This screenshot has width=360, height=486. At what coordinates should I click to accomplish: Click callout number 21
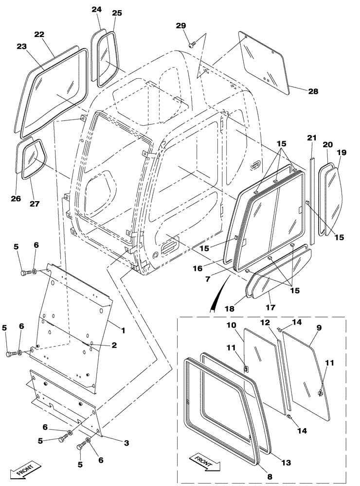pyautogui.click(x=312, y=138)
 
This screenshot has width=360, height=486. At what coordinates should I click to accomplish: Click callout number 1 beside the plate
pyautogui.click(x=124, y=330)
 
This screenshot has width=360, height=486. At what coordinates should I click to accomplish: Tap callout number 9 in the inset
pyautogui.click(x=319, y=328)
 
